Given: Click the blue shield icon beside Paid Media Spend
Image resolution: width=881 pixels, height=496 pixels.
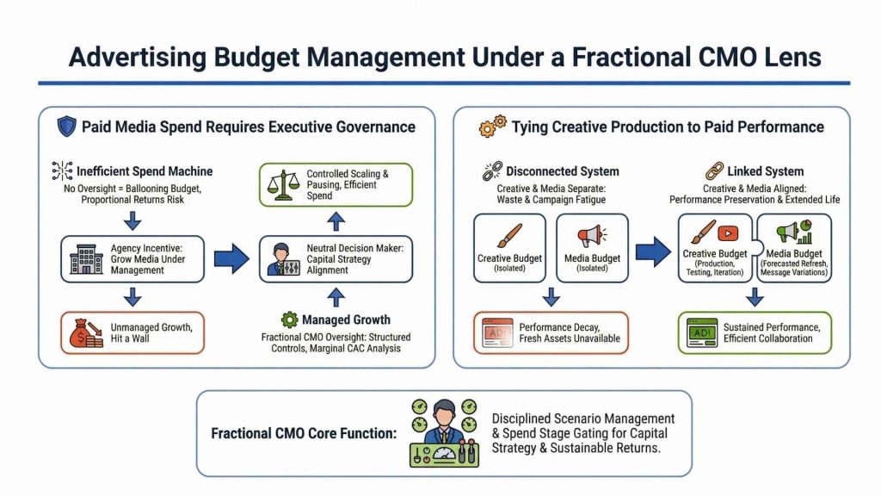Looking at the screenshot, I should [x=65, y=127].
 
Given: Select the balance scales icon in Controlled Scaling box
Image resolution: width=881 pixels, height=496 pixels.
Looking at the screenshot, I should [x=284, y=184].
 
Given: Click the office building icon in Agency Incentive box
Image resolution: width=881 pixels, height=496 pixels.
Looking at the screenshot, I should [x=86, y=258].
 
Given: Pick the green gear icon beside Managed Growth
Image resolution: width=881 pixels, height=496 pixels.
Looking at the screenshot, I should [x=289, y=320].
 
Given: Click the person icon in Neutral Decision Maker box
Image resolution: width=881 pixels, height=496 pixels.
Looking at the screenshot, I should [x=283, y=259].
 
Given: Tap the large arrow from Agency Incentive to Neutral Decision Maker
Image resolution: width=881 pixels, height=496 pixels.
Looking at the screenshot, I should [x=231, y=258].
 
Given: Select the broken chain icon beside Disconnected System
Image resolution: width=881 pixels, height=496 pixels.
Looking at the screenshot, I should [x=491, y=171].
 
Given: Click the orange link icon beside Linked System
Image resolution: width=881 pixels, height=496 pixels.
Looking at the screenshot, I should [x=713, y=171].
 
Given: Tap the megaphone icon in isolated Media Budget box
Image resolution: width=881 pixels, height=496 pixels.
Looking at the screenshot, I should [x=592, y=235].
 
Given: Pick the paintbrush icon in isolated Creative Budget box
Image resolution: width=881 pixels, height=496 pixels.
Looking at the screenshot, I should [x=510, y=235].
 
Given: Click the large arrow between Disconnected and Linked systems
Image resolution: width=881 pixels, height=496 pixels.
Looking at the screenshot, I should [x=653, y=251].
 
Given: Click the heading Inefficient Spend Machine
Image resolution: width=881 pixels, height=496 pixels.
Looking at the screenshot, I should [x=144, y=170].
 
